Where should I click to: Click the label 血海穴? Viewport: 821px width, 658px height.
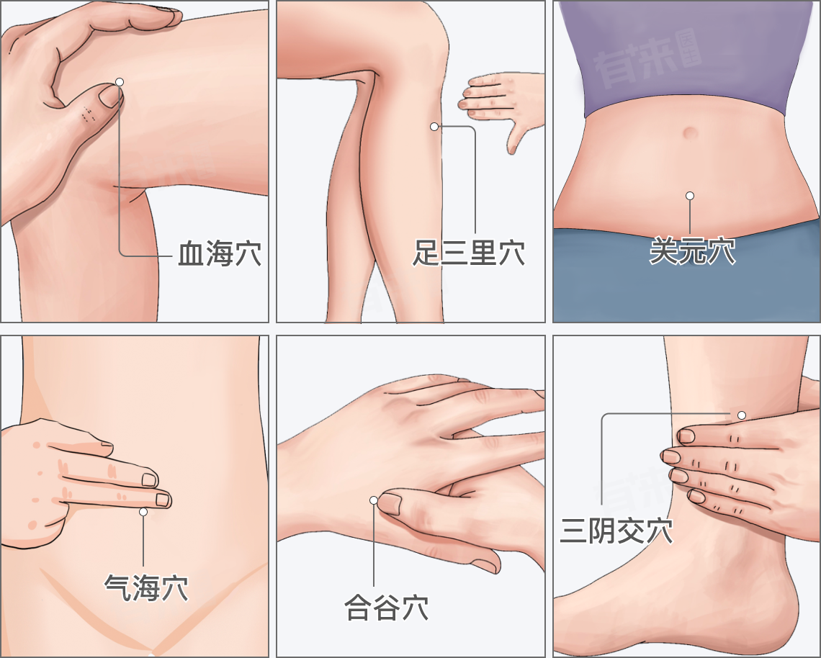click(x=220, y=253)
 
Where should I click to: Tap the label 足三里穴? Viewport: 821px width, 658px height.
click(x=469, y=253)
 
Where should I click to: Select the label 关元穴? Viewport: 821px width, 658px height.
click(x=692, y=251)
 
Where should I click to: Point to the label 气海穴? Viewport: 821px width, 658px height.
click(x=146, y=587)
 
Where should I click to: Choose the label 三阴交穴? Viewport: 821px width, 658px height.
click(x=616, y=531)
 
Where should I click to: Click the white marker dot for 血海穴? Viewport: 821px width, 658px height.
click(x=120, y=81)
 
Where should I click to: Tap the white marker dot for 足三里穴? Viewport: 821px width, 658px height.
click(x=434, y=127)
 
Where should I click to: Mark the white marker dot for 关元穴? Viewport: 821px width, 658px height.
click(x=690, y=196)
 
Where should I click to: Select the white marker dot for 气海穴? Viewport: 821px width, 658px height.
click(x=143, y=511)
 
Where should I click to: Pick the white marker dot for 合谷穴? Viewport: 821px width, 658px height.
click(x=373, y=500)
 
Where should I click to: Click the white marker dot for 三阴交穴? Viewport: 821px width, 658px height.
click(x=742, y=415)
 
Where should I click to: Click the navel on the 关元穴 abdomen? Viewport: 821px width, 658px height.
click(x=690, y=132)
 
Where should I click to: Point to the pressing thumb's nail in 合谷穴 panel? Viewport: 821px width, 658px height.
click(x=390, y=503)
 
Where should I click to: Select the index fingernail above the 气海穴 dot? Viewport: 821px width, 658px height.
click(x=163, y=500)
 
